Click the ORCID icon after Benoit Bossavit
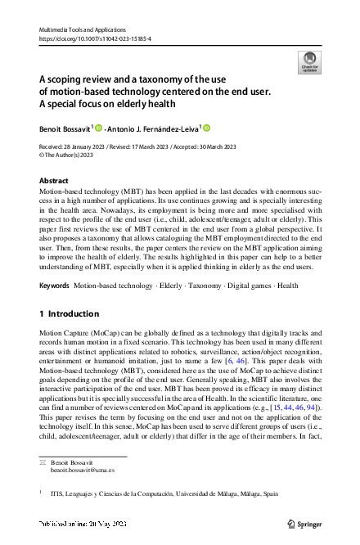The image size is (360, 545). point(99,128)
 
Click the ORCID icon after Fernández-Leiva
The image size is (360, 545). point(206,128)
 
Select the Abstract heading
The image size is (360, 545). point(54,180)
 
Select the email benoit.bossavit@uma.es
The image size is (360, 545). point(83,471)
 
